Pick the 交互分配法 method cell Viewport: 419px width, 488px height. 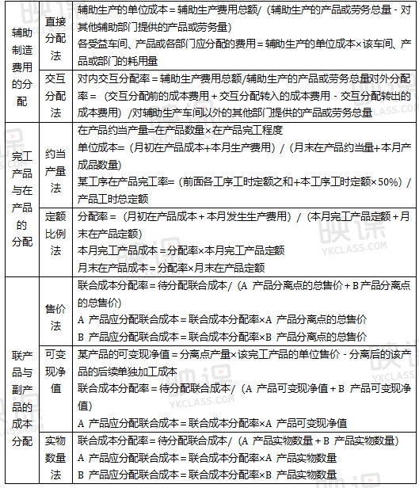56,95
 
